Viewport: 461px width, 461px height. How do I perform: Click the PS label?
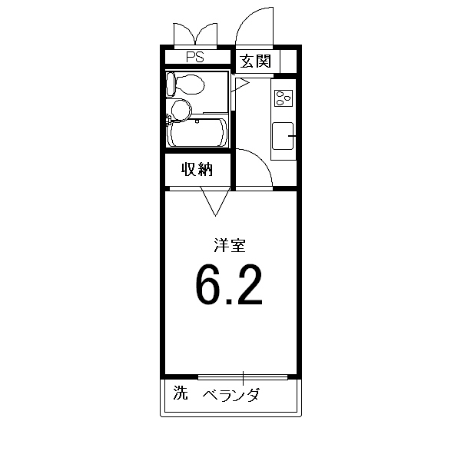195,57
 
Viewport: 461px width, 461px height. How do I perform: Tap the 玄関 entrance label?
255,61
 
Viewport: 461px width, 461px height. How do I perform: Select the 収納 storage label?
197,169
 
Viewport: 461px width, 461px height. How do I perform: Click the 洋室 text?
229,246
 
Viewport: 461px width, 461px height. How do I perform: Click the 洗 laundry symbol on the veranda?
181,393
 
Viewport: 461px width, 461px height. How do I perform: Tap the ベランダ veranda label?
231,395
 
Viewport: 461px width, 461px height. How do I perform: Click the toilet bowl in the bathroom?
190,85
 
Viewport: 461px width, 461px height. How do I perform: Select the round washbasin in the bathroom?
181,110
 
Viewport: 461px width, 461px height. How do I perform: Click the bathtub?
197,133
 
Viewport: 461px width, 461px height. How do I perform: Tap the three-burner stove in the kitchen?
284,98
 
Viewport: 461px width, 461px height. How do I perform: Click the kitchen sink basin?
283,136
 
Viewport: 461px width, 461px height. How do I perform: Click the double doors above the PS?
195,35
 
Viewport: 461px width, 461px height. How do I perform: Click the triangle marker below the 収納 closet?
215,201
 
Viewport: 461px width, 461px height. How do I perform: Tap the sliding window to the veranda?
243,377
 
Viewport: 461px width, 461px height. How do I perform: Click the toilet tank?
171,85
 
